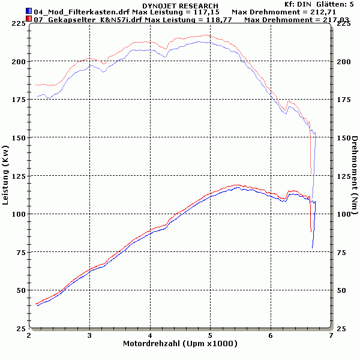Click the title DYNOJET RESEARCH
180,5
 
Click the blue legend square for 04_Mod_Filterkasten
29,11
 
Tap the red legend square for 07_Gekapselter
29,19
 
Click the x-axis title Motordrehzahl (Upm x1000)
180,344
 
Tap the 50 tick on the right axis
341,290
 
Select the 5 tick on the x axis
210,335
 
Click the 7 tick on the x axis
331,335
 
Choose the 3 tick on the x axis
89,335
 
